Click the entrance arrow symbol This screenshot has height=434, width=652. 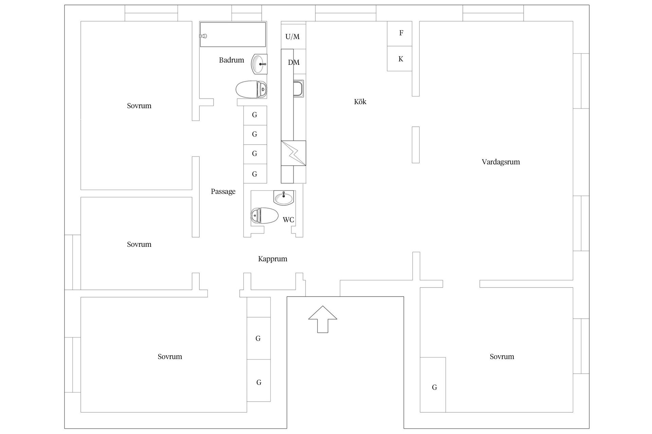point(323,319)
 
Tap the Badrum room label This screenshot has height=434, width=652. point(232,60)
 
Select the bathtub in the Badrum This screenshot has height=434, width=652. point(233,35)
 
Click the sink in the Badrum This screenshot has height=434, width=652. point(259,64)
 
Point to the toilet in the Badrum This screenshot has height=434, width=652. point(252,90)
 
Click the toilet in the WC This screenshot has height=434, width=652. point(265,215)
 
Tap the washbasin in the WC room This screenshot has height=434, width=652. point(284,198)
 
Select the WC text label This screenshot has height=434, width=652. point(288,220)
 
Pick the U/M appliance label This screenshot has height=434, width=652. point(292,37)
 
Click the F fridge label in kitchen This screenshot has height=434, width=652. point(401,33)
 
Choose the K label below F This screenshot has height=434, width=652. point(401,59)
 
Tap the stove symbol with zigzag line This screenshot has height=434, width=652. point(293,153)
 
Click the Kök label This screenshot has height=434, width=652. point(360,102)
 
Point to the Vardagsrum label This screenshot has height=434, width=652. point(501,162)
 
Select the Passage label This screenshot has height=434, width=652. point(223,192)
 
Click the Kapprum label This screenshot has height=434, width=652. point(273,259)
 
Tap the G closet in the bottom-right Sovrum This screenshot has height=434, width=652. point(433,385)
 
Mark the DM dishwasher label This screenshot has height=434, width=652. point(294,62)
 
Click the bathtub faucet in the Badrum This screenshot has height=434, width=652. point(204,36)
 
